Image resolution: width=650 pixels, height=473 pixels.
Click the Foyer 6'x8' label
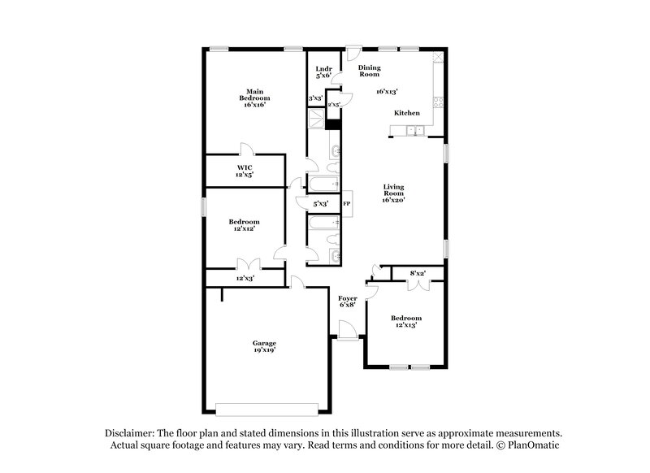point(348,303)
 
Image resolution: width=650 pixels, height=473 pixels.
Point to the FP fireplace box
point(346,204)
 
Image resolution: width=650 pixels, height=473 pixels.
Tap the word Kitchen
point(407,114)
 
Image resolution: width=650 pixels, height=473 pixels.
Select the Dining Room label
point(370,72)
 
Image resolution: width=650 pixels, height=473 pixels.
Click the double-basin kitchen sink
point(418,131)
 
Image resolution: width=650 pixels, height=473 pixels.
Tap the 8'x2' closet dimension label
point(418,273)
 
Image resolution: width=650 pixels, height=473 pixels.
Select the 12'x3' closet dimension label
point(245,279)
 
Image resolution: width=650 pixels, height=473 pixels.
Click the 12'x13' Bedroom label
point(406,321)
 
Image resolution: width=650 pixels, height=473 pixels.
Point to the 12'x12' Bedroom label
point(244,225)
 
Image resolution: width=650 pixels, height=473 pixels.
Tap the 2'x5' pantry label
point(333,105)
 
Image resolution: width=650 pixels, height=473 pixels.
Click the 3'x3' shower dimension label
point(315,98)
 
